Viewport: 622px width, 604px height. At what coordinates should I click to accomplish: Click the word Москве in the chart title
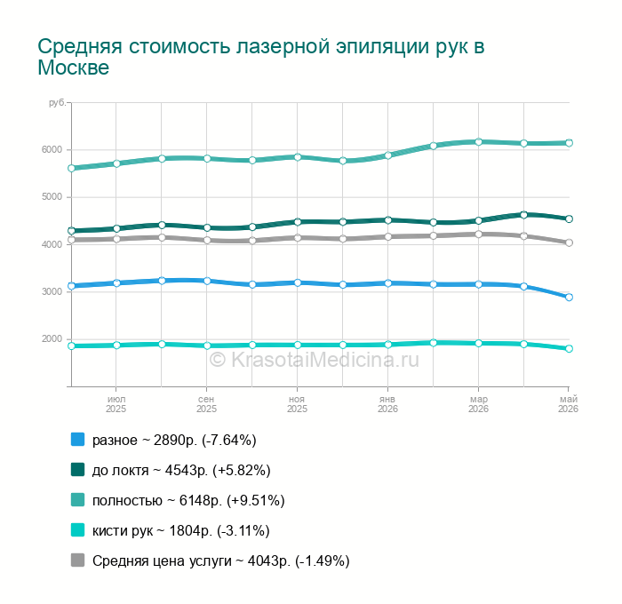click(x=74, y=68)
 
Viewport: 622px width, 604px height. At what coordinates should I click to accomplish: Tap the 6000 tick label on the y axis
click(x=52, y=149)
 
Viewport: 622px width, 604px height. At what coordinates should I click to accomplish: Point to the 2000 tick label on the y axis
click(x=52, y=338)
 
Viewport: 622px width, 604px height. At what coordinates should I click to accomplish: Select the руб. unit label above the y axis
click(x=58, y=103)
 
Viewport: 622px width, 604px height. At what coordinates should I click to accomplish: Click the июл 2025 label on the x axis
click(x=116, y=404)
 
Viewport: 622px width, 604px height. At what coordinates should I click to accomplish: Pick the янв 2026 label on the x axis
click(x=387, y=404)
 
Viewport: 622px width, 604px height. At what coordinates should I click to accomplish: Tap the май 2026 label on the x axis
click(x=568, y=404)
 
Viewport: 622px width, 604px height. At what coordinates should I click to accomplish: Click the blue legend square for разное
click(x=78, y=440)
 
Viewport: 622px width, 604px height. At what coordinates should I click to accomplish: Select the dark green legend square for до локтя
click(x=78, y=470)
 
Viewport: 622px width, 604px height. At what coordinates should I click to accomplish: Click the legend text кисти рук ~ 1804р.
click(x=152, y=531)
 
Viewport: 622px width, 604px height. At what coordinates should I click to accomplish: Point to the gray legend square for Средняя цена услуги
click(x=78, y=560)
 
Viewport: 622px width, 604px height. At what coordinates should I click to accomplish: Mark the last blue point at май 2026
click(x=569, y=297)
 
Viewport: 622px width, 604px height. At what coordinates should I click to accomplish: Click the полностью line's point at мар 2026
click(x=478, y=141)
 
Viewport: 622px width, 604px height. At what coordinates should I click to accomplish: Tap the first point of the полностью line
click(x=71, y=168)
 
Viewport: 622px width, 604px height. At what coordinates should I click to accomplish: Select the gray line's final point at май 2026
click(x=569, y=242)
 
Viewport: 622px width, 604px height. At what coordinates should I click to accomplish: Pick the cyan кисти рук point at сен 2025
click(x=207, y=346)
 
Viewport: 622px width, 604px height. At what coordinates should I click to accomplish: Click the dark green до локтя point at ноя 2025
click(x=298, y=222)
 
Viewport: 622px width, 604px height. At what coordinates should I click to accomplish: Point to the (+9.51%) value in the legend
click(x=256, y=501)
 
